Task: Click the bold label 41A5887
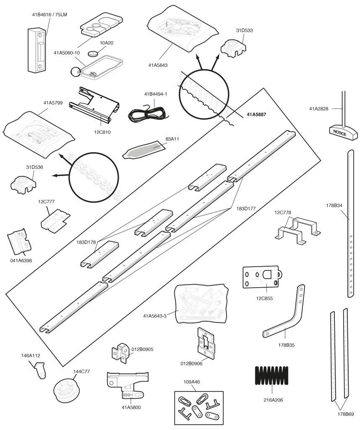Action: click(x=256, y=114)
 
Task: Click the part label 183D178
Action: click(x=86, y=242)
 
